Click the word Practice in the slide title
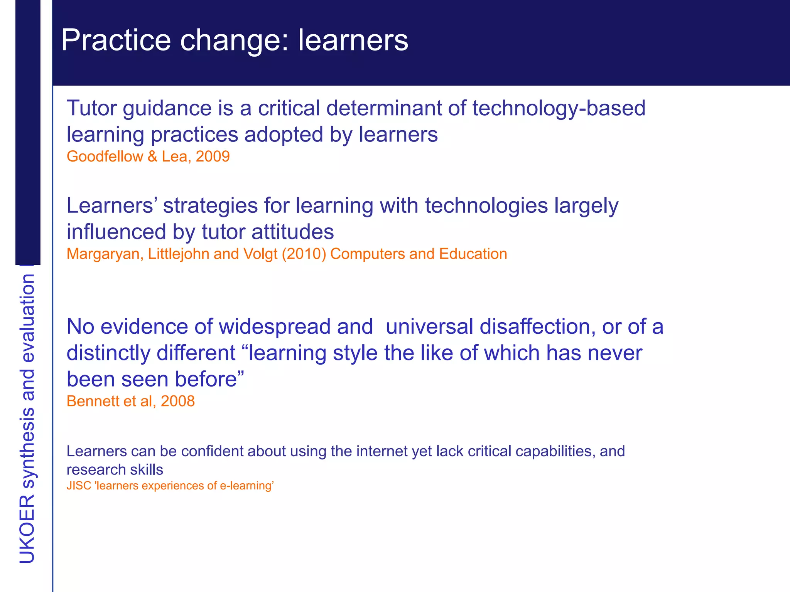116,40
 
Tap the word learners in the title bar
353,40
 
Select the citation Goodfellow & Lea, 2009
148,156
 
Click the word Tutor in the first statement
91,108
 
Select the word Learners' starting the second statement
111,205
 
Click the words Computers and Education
419,254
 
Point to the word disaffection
535,327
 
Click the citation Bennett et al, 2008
130,401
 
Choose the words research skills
115,470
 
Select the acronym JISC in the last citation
79,486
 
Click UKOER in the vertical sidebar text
27,529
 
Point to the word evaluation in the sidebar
27,318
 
